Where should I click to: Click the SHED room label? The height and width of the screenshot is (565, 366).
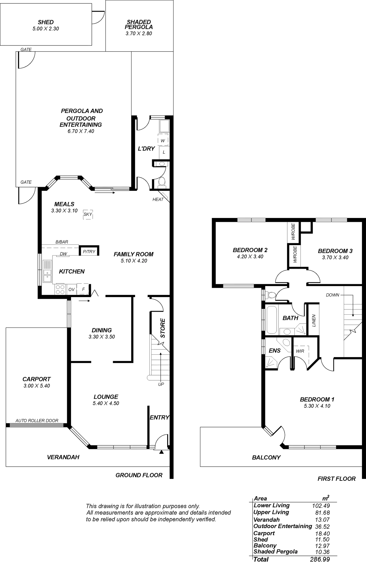coord(46,22)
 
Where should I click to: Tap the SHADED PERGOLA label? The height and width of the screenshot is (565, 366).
coord(139,24)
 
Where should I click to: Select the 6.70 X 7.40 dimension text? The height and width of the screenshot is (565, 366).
coord(81,131)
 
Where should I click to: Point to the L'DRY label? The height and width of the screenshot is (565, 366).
coord(146,149)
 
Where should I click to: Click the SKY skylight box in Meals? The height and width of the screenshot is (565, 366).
coord(88,214)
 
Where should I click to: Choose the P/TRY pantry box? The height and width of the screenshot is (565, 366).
coord(89,252)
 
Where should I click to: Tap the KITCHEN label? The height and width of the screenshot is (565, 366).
coord(72,271)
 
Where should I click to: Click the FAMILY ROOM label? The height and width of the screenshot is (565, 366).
coord(134,254)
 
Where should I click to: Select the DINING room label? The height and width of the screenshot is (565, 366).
coord(102,330)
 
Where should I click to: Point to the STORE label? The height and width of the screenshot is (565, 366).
coord(163,328)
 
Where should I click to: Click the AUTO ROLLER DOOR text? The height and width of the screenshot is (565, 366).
coord(37,421)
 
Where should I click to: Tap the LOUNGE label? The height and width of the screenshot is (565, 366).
coord(106,397)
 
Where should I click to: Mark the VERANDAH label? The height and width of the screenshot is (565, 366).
coord(63,457)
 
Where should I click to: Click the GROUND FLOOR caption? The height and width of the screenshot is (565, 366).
coord(139,475)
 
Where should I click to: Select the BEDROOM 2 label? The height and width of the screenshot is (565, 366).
coord(250,250)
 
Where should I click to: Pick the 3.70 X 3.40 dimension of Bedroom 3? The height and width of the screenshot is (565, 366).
coord(335,257)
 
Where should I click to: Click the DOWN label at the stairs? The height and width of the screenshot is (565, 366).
coord(332,295)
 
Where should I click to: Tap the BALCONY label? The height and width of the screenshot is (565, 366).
coord(266,457)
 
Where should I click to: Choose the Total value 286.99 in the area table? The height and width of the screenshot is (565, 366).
coord(320,560)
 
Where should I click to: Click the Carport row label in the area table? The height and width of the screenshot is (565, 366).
coord(264,533)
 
